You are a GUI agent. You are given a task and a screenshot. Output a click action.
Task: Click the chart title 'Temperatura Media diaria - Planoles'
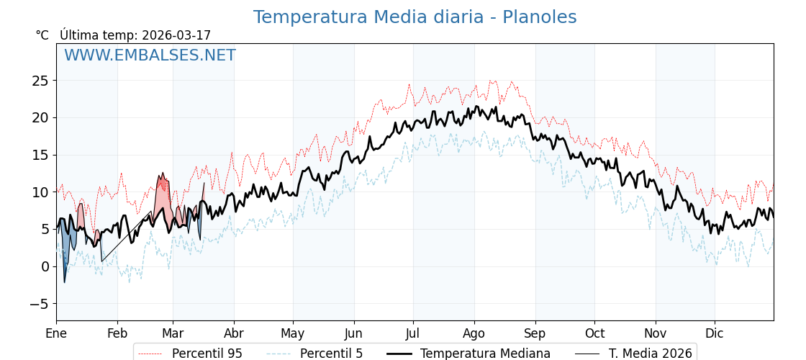point(415,17)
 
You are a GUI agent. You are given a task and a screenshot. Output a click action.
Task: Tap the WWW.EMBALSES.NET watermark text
point(150,55)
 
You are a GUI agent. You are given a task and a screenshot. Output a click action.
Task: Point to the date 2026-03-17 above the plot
point(176,35)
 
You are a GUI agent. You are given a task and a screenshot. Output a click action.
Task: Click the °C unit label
point(42,35)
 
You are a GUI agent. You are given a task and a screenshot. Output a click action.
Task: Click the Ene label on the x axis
point(56,334)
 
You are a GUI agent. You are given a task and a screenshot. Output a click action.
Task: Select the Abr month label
point(234,334)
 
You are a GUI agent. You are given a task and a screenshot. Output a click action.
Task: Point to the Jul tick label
point(413,334)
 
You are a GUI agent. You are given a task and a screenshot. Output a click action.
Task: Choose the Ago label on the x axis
point(474,334)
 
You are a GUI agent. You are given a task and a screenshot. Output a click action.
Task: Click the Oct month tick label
point(594,334)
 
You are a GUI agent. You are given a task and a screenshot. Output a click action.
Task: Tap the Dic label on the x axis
point(715,334)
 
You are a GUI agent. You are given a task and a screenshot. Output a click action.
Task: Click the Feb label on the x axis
point(117,334)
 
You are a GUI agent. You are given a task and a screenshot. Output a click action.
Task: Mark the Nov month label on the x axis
point(656,334)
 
